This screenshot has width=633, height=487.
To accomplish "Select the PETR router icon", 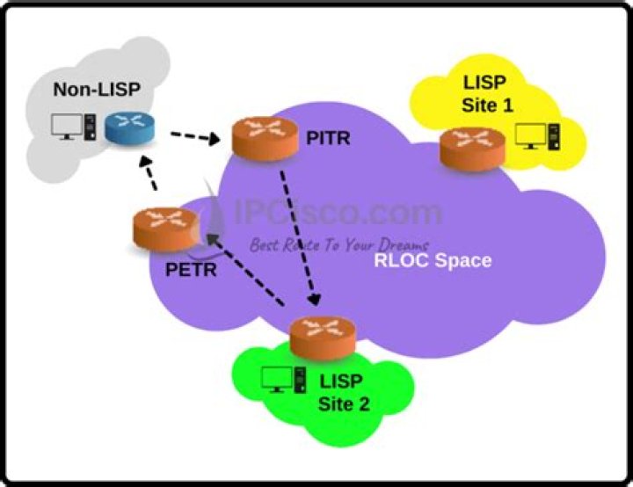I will point(160,229).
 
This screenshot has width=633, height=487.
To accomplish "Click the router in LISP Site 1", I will point(472,147).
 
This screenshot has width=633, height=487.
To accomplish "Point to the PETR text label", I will point(191,269).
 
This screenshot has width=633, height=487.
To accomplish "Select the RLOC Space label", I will point(433,260).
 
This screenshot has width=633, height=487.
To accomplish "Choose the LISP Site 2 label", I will point(345,394).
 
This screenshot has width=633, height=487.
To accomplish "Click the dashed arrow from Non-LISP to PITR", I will point(194,136).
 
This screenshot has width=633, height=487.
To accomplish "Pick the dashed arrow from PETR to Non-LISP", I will point(150,174).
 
